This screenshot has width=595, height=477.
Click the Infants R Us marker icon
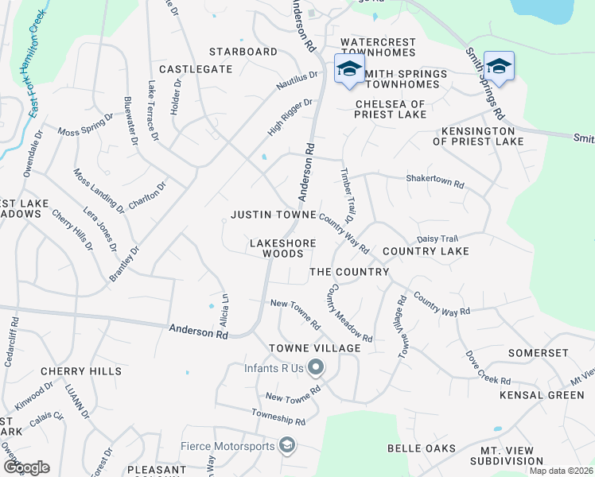point(316,367)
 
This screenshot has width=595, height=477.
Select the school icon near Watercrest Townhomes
point(348,68)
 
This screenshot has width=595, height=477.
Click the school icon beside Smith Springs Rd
point(499,66)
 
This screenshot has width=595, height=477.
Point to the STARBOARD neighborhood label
point(243,52)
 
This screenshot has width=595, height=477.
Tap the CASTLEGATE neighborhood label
point(196,69)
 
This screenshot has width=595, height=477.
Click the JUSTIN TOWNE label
point(273,215)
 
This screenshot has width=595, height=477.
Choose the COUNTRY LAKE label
point(426,251)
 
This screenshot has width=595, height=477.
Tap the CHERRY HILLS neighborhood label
point(81,371)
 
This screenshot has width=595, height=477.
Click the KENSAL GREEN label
point(542,395)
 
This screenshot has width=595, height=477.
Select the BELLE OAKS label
point(422,448)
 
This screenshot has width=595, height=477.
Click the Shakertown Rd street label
point(435,182)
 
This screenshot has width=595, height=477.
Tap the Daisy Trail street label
point(438,238)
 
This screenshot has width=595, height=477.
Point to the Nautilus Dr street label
point(297,80)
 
